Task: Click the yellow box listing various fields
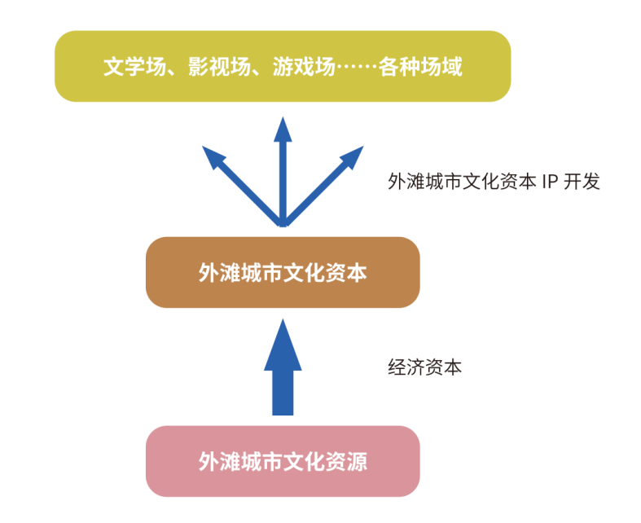pos(282,66)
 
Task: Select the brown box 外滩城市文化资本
pos(282,272)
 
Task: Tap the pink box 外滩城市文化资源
pos(282,461)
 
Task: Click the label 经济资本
pos(424,367)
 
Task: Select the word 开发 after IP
pos(583,181)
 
